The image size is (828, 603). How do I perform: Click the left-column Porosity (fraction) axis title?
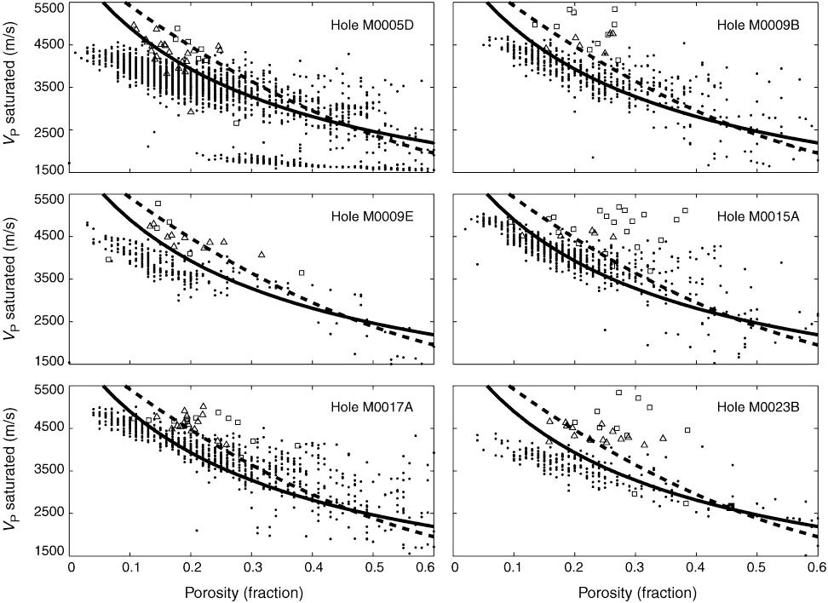point(253,591)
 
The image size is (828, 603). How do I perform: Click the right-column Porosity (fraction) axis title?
point(637,591)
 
